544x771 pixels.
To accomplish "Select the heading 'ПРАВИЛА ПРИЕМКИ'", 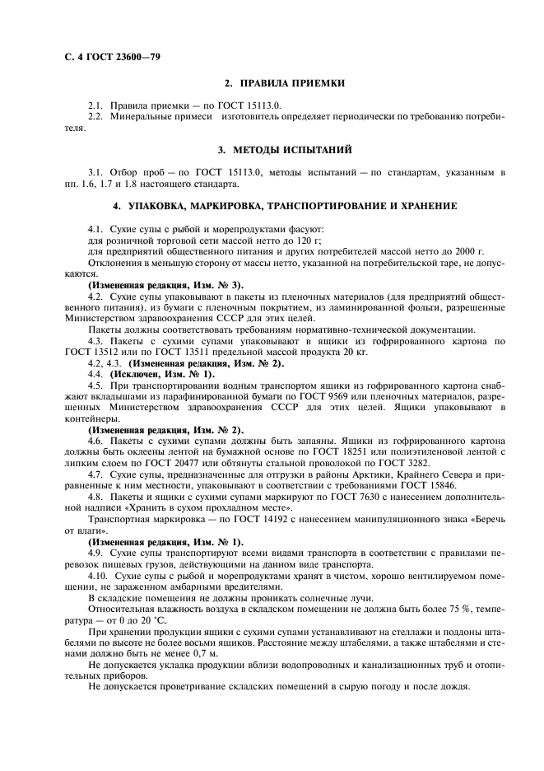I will pyautogui.click(x=292, y=83).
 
